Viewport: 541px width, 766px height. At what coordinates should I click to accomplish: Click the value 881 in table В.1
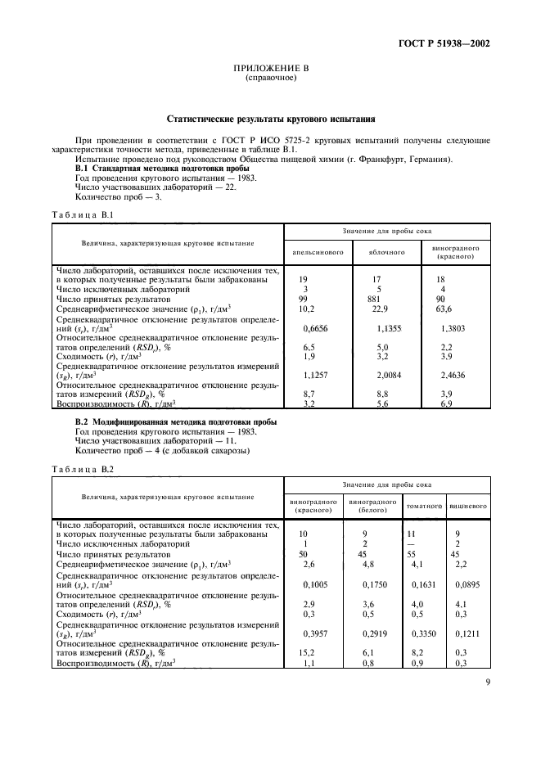378,300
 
